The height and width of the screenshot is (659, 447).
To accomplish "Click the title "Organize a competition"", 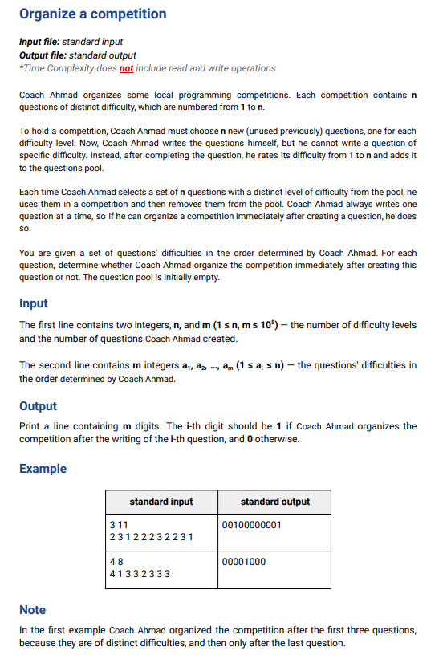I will point(92,14).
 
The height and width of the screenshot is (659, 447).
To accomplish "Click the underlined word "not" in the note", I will point(126,68).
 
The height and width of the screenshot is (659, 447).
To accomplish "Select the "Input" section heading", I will point(33,303).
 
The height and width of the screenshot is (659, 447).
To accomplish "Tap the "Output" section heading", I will point(38,406).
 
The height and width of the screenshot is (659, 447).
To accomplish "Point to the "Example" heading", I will point(43,469).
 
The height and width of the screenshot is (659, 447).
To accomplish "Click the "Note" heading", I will point(32,610).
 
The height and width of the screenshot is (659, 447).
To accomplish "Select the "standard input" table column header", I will point(161,502).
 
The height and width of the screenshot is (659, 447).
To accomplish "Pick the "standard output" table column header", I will point(274,502).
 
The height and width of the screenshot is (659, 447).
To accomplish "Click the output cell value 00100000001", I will point(251,524).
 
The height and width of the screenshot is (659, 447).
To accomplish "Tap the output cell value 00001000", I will point(243,561).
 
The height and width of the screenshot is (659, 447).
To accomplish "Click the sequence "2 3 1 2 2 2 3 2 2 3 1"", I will point(151,536).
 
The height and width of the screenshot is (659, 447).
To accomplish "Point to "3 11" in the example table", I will point(119,524).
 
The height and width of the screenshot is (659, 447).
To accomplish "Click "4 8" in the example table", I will point(116,561).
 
